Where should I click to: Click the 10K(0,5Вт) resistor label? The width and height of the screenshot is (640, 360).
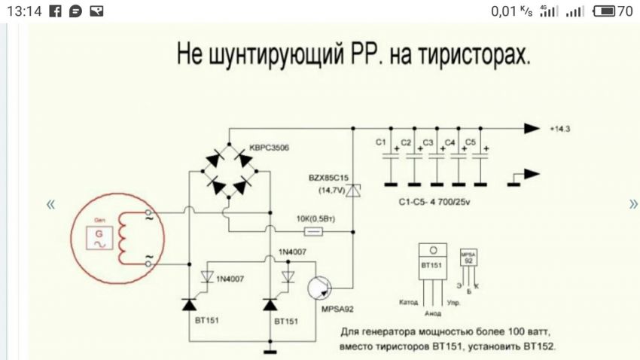tap(315, 219)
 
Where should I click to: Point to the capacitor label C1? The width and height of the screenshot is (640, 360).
tap(380, 142)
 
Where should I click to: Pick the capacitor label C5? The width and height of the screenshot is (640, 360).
tap(471, 142)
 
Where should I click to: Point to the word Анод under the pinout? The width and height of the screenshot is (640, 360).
tap(433, 314)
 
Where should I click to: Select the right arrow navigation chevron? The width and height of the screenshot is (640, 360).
tap(633, 204)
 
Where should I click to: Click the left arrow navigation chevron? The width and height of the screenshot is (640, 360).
tap(50, 204)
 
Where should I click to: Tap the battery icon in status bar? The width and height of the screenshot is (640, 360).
tap(604, 11)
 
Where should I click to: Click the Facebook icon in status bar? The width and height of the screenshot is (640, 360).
tap(54, 11)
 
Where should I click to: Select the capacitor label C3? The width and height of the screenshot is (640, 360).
tap(427, 142)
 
